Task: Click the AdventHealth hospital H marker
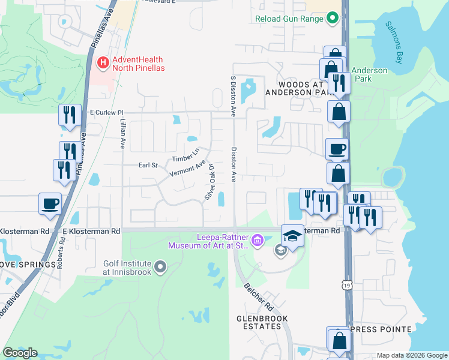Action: click(x=103, y=62)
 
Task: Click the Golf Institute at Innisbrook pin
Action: click(x=160, y=266)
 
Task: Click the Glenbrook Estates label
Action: click(x=262, y=322)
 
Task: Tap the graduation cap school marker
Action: click(x=292, y=235)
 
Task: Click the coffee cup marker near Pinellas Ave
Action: click(x=50, y=203)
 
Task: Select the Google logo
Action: click(x=20, y=353)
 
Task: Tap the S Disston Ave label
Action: click(x=233, y=96)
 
